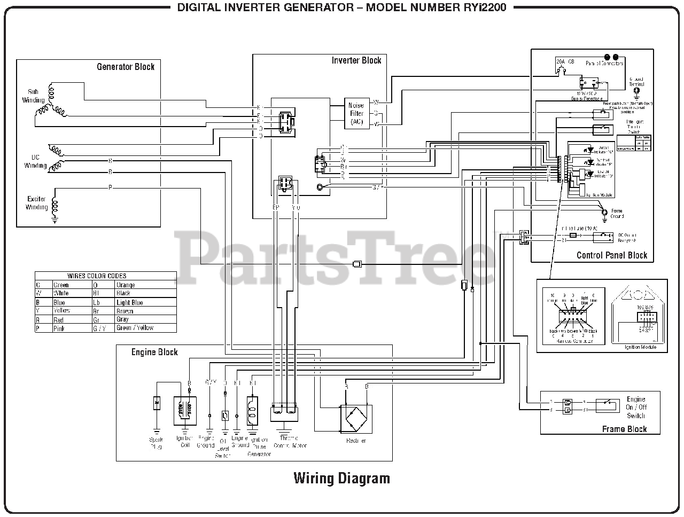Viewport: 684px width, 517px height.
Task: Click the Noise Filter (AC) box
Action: pyautogui.click(x=356, y=113)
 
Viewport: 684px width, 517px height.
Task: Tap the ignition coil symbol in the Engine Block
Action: pyautogui.click(x=185, y=411)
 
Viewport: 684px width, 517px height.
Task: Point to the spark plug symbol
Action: pyautogui.click(x=157, y=403)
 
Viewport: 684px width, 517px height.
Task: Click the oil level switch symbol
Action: pyautogui.click(x=225, y=415)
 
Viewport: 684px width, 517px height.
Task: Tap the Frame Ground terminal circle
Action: pyautogui.click(x=604, y=212)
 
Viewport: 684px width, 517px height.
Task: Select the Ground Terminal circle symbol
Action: pyautogui.click(x=636, y=91)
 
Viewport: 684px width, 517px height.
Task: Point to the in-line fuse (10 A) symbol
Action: pyautogui.click(x=573, y=235)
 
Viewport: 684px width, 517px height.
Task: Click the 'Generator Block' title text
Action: pyautogui.click(x=126, y=67)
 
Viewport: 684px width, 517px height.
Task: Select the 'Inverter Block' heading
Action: pyautogui.click(x=356, y=60)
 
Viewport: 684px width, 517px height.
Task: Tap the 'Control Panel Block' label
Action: pyautogui.click(x=611, y=255)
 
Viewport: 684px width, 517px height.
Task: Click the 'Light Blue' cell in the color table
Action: pyautogui.click(x=130, y=302)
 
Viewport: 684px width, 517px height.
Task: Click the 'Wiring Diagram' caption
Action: pyautogui.click(x=341, y=477)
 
